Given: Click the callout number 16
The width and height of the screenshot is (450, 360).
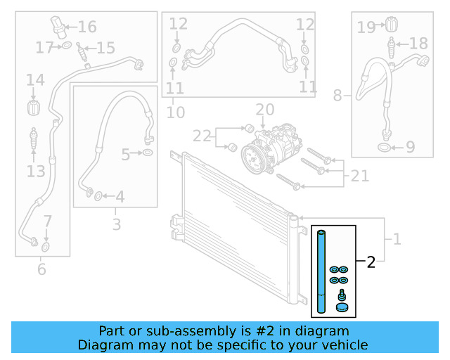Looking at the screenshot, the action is click(87, 27).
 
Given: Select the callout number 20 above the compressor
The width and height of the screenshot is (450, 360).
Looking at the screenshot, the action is click(264, 110).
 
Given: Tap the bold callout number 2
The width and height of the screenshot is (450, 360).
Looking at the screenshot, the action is click(371, 263).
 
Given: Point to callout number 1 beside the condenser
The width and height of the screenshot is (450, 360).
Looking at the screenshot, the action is click(397, 239).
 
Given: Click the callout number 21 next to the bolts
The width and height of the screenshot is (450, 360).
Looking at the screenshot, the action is click(360, 176).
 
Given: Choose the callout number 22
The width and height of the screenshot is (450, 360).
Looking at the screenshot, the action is click(202, 136).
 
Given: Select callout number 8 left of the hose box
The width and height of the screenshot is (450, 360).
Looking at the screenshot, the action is click(338, 95).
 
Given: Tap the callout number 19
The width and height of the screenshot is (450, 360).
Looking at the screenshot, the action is click(366, 27).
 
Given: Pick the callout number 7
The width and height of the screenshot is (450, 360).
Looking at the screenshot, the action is click(47, 221).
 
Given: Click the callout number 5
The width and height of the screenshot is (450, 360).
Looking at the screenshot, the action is click(126, 154).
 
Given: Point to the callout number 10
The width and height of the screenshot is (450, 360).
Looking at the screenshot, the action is click(176, 112).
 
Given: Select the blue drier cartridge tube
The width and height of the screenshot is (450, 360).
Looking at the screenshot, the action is click(321, 270).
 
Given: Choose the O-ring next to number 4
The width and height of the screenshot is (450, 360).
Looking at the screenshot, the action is click(98, 196).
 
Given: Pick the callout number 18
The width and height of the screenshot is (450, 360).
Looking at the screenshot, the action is click(418, 44).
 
